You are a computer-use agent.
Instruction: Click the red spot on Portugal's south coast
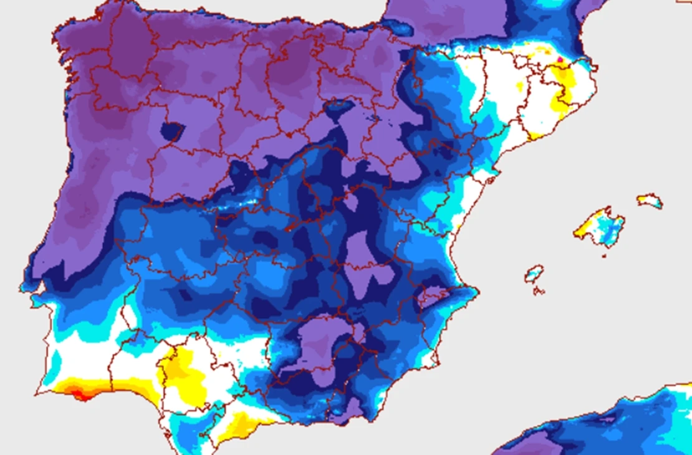79,393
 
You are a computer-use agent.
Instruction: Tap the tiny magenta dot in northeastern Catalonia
559,60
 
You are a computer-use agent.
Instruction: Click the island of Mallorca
600,226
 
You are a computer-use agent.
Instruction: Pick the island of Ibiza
534,273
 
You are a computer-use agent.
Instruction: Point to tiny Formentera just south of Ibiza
537,290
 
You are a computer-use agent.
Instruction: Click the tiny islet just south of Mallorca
603,255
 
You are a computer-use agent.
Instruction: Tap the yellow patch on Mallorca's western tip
582,229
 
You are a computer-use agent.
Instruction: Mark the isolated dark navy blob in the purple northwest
171,131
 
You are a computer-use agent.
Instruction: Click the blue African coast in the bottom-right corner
623,423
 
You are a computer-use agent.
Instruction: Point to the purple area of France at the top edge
449,19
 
